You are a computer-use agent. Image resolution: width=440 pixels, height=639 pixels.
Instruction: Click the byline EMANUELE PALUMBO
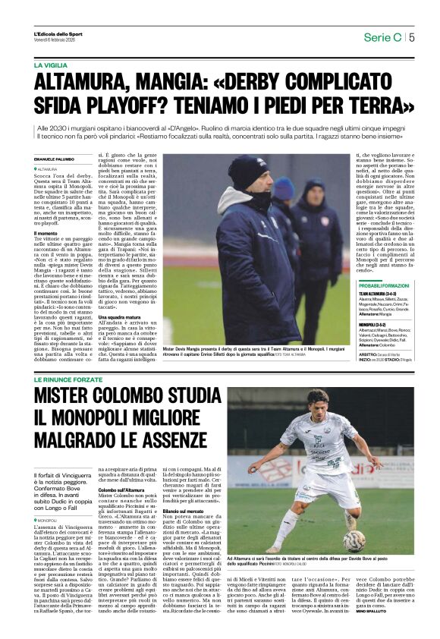(x=53, y=159)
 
